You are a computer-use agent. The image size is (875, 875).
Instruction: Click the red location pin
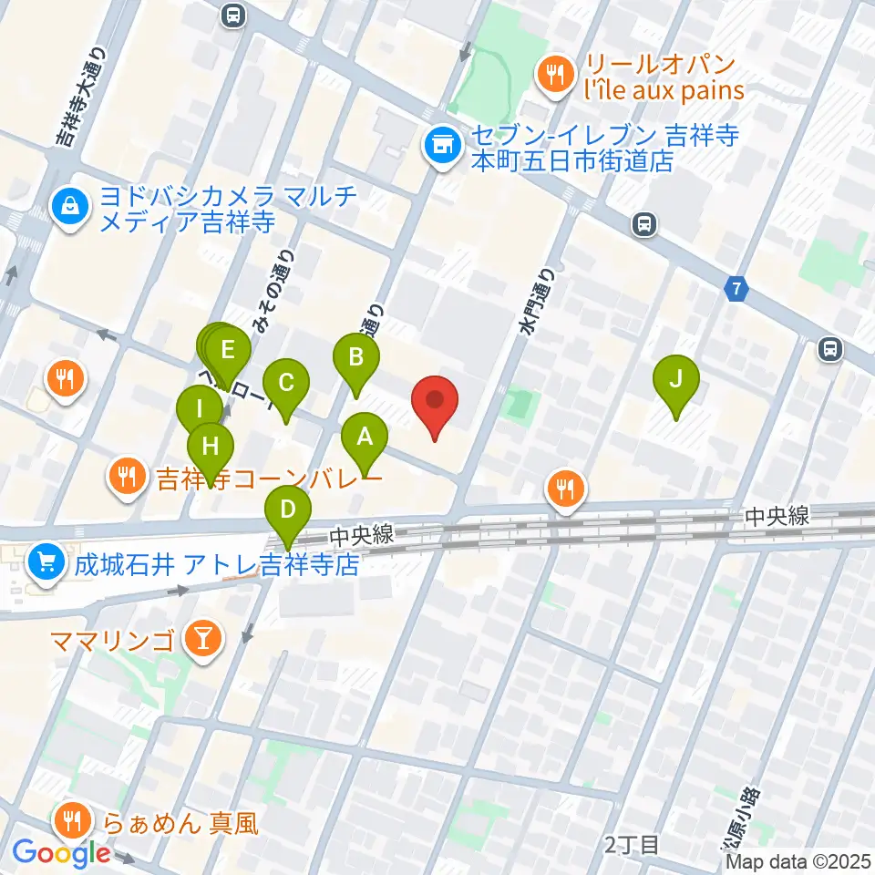[435, 402]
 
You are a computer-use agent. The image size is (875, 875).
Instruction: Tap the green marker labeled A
[365, 438]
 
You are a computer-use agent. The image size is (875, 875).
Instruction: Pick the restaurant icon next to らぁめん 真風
[70, 822]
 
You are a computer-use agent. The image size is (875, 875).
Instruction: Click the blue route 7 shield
[736, 290]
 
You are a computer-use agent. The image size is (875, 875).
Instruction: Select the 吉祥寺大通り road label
[76, 96]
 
